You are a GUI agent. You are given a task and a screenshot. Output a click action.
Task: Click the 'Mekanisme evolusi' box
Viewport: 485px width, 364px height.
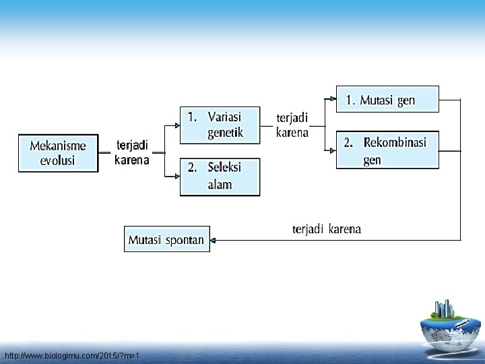pos(57,153)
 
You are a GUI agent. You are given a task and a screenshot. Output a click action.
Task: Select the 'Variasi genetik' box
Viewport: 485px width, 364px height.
pos(220,125)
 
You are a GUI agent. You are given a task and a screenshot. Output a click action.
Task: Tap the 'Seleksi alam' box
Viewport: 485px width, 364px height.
pos(220,177)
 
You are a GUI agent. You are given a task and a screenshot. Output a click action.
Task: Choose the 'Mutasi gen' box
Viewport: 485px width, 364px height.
pos(387,99)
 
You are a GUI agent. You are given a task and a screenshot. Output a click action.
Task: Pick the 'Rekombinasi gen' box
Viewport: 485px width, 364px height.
pos(387,150)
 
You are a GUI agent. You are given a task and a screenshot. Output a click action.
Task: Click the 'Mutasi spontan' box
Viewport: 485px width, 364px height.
pos(167,239)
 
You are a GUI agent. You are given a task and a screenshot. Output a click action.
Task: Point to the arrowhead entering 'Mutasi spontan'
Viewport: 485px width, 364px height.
pos(214,239)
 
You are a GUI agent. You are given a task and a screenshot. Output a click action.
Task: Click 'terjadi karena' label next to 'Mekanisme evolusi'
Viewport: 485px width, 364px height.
pos(132,153)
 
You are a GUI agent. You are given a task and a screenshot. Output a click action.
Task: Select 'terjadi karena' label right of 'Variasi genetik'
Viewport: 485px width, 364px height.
pos(292,125)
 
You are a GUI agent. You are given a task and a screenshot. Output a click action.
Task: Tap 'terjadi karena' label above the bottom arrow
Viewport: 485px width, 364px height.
pos(327,229)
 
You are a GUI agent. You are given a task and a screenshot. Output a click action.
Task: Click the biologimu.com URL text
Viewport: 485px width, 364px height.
pos(71,355)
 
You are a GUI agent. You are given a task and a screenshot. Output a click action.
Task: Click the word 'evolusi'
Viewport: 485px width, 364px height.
pos(57,161)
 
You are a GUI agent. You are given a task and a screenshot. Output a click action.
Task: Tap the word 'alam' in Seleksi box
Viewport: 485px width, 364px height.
pos(220,185)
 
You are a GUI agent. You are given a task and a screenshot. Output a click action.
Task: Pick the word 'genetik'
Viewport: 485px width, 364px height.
pos(225,133)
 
